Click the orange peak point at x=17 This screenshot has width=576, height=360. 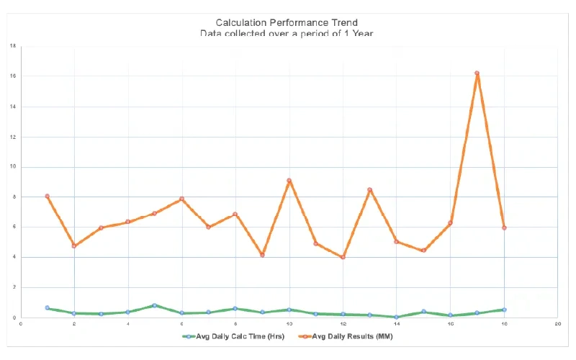(x=477, y=73)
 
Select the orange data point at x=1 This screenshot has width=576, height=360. (x=48, y=196)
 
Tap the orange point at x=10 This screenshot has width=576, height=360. (x=289, y=181)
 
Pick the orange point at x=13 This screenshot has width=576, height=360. (x=369, y=190)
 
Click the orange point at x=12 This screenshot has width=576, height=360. (x=343, y=257)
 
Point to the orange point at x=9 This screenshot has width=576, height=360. (x=262, y=255)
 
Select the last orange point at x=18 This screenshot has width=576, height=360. (x=504, y=228)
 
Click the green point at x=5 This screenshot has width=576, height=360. (x=155, y=305)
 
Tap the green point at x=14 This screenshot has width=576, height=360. (x=396, y=317)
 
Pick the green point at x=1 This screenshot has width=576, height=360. (x=48, y=308)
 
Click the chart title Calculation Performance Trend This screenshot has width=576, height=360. (x=288, y=23)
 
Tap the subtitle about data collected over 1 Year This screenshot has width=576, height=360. (x=288, y=34)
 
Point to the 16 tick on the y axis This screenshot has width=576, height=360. (x=13, y=76)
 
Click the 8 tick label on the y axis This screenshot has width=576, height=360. (x=13, y=197)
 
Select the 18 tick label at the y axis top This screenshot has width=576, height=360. (x=13, y=46)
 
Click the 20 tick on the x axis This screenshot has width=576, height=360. (x=557, y=325)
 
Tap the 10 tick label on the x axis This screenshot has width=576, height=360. (x=289, y=325)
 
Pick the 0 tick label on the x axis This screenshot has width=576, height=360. (x=22, y=325)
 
